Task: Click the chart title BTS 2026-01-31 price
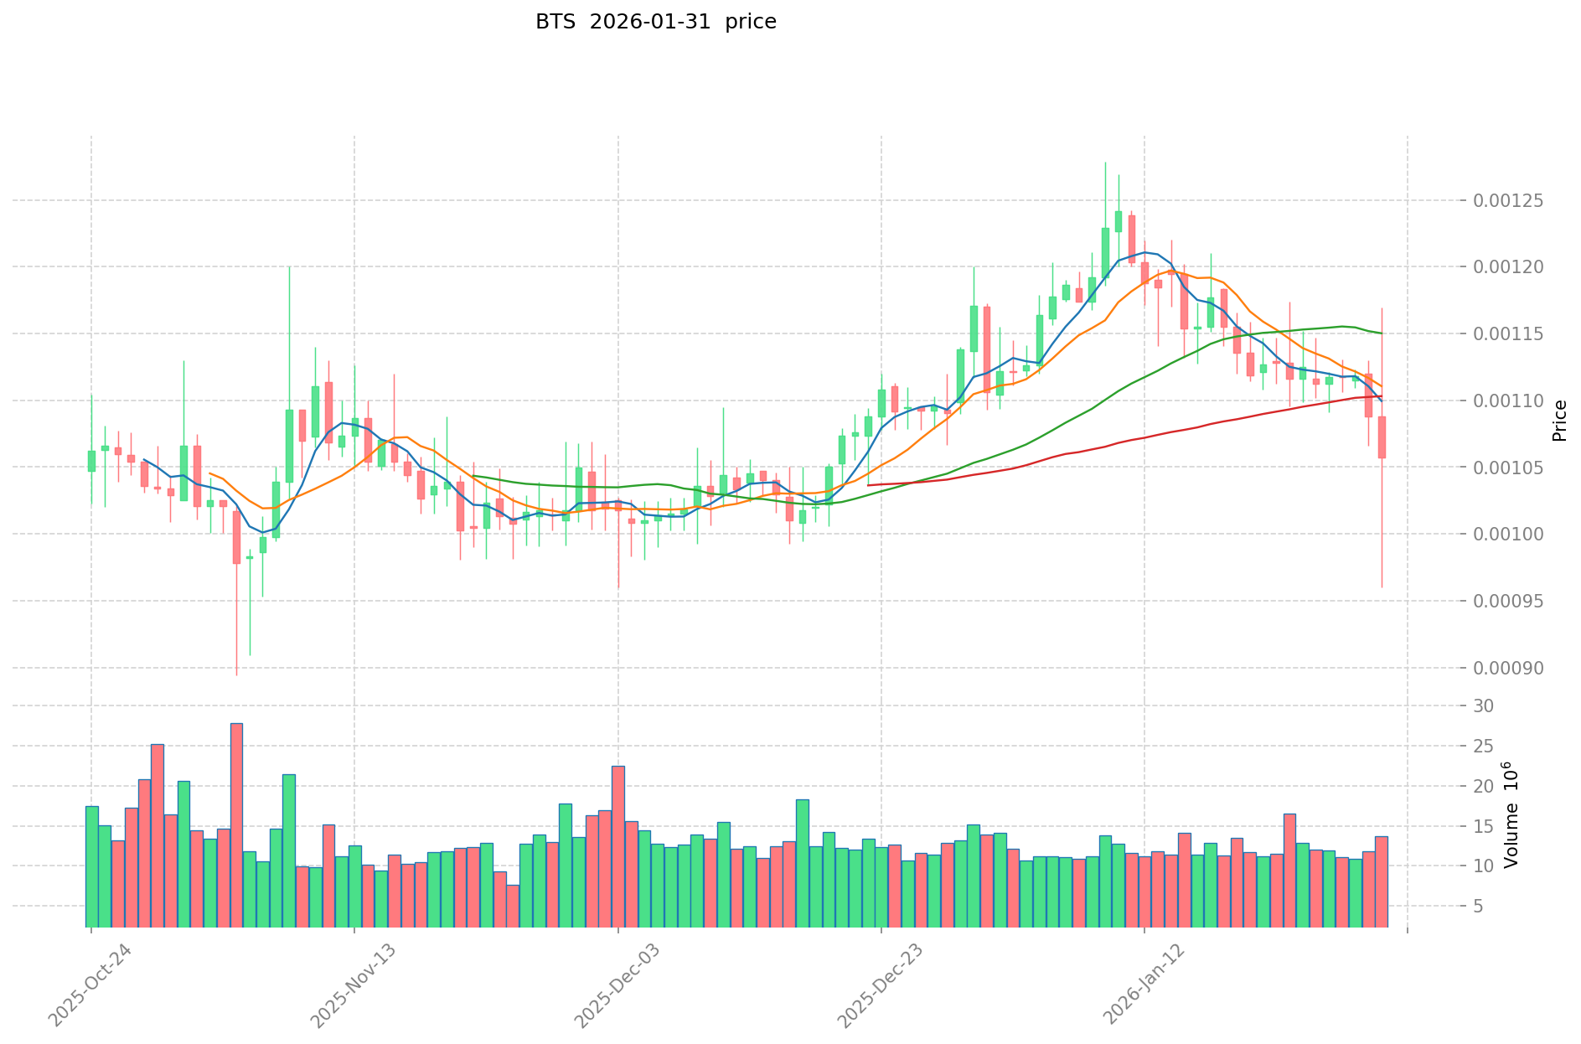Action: coord(655,23)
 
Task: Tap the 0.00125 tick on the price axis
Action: coord(1508,201)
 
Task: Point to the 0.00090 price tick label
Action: coord(1508,669)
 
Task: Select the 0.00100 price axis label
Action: coord(1508,535)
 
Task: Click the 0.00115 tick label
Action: coord(1508,334)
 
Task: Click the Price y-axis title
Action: coord(1559,421)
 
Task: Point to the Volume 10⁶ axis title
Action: coord(1511,814)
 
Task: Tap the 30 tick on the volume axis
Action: coord(1484,706)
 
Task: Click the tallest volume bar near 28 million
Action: coord(236,825)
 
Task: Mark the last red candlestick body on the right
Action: coord(1382,437)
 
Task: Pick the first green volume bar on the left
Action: coord(91,866)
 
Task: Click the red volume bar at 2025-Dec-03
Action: coord(618,846)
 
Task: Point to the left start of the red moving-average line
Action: coord(868,485)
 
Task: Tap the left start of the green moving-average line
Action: coord(473,476)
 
